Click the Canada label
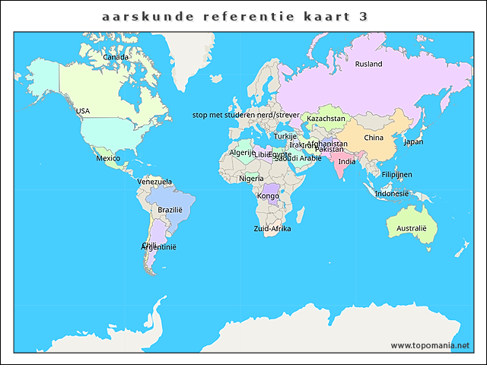tap(116, 57)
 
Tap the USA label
tap(83, 111)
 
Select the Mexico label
tap(107, 158)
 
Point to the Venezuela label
tap(154, 182)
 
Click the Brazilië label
tap(170, 210)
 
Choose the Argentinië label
tap(159, 247)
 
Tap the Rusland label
tap(368, 65)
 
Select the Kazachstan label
tap(326, 119)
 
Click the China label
tap(374, 138)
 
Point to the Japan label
tap(413, 141)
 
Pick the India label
tap(346, 162)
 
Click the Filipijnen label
tap(397, 175)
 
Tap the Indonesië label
tap(392, 193)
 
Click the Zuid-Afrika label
tap(272, 228)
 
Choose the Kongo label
tap(269, 196)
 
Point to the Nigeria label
tap(251, 179)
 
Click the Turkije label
tap(285, 136)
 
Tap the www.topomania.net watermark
tap(431, 345)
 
